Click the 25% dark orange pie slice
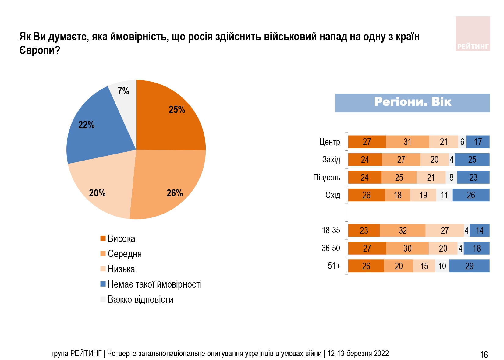[x=171, y=119]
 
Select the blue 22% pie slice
[x=91, y=128]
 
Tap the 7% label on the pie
[x=123, y=91]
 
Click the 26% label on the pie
[x=175, y=193]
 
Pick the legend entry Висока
[x=121, y=238]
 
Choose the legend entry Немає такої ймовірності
[x=154, y=284]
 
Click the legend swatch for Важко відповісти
[x=103, y=299]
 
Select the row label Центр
[x=329, y=142]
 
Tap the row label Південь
[x=326, y=178]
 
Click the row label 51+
[x=334, y=266]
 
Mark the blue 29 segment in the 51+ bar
[x=469, y=266]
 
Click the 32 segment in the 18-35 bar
[x=402, y=231]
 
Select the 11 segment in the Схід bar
[x=444, y=195]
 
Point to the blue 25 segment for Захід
[x=472, y=160]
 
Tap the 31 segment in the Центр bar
[x=407, y=142]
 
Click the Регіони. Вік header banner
[x=412, y=103]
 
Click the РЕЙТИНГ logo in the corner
[x=473, y=34]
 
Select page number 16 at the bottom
[x=484, y=355]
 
